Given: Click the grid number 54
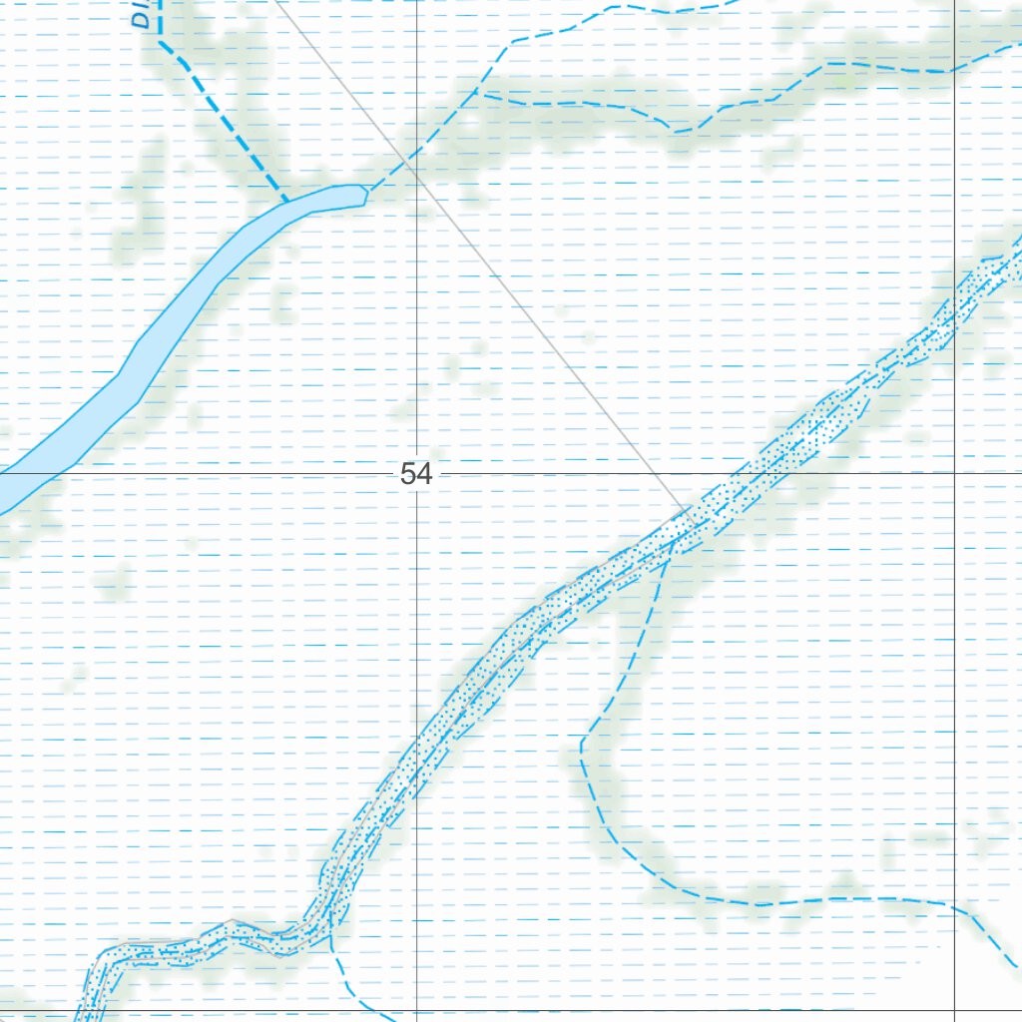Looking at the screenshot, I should (416, 474).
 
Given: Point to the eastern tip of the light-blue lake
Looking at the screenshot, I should (367, 193).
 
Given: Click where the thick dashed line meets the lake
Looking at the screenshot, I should (287, 201).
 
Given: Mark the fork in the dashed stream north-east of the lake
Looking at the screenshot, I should (476, 92).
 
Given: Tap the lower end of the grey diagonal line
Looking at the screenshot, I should (689, 510).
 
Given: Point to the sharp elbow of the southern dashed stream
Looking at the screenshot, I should (582, 743).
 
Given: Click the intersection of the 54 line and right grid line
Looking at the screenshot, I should (955, 474).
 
